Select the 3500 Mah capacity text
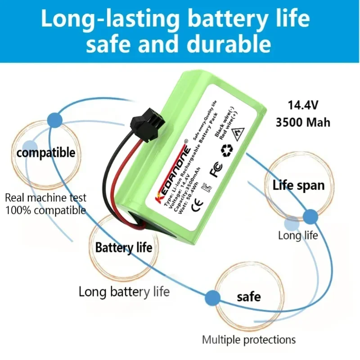click(x=303, y=122)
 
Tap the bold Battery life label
click(x=123, y=247)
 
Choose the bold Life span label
click(x=298, y=185)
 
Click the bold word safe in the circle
click(x=248, y=297)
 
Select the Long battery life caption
click(x=124, y=292)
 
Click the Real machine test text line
click(x=46, y=198)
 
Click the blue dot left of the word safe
click(x=211, y=297)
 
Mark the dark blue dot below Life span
click(x=310, y=216)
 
